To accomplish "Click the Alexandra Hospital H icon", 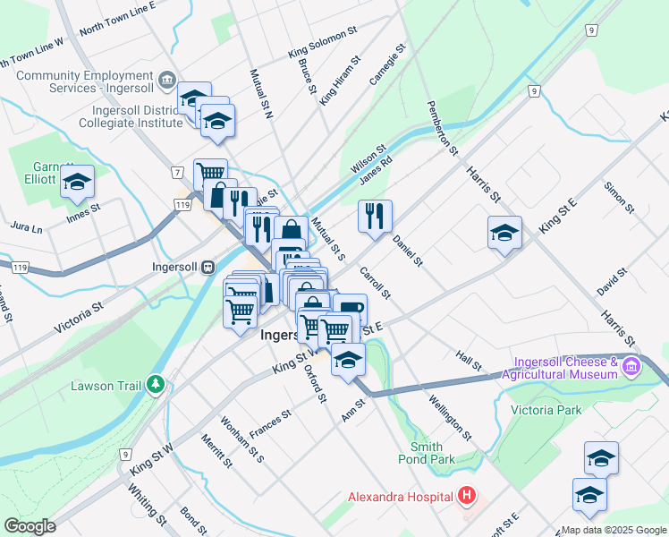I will click(466, 495).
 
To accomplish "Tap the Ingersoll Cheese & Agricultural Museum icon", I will click(631, 365).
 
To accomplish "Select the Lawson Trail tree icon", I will click(157, 385).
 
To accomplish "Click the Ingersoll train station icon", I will click(207, 267).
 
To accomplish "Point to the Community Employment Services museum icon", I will click(166, 81).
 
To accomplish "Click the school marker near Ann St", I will click(348, 360).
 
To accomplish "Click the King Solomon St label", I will click(323, 43).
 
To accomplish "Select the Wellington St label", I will click(450, 418).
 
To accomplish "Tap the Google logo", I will click(30, 526).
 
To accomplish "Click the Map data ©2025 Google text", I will click(614, 530).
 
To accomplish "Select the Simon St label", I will click(618, 197).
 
